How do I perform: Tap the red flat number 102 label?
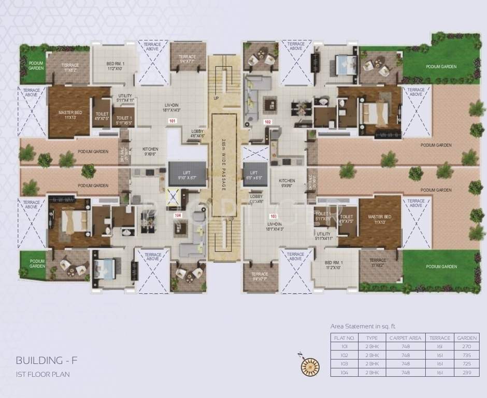tap(268, 122)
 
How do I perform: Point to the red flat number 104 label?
tap(178, 215)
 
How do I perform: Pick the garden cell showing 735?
tap(466, 356)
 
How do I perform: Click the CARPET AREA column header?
tap(406, 338)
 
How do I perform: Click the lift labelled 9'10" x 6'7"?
tap(187, 175)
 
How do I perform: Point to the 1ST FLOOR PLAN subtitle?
tap(42, 374)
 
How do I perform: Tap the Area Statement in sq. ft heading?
tap(363, 326)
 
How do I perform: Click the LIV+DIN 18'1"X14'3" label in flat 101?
tap(172, 107)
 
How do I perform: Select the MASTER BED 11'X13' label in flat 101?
tap(67, 115)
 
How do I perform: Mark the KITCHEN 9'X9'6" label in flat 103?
tap(287, 182)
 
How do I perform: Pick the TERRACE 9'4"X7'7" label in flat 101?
tap(187, 59)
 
